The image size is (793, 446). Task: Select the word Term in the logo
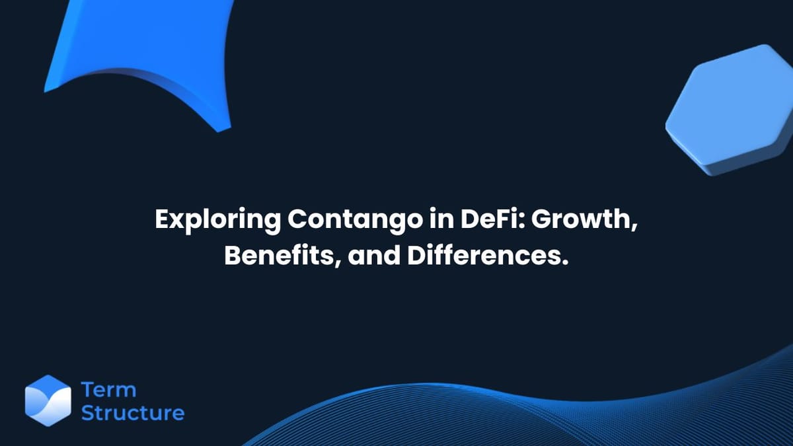108,390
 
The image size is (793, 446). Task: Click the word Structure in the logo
132,414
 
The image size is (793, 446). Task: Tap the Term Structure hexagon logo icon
48,401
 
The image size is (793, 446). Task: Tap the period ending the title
565,262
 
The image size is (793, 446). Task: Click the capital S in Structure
88,414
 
